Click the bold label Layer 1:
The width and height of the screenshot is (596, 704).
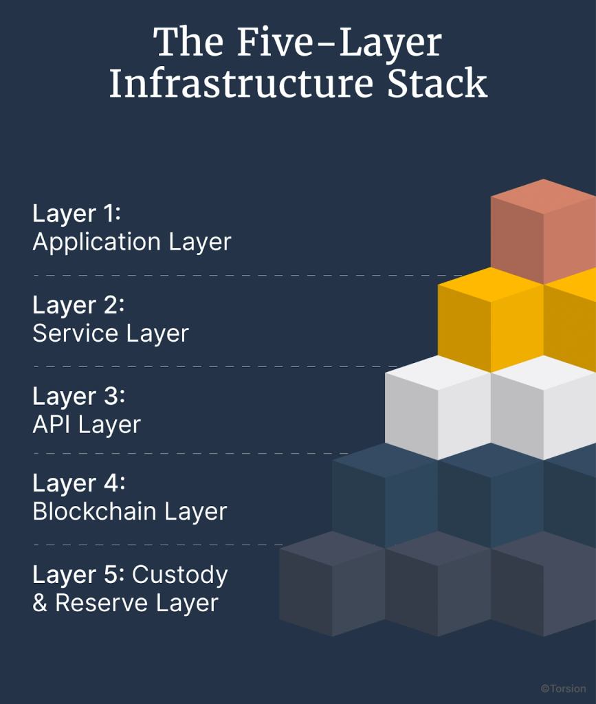pyautogui.click(x=76, y=214)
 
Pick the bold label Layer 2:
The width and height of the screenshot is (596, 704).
pyautogui.click(x=78, y=305)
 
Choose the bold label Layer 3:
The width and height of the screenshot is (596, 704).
pyautogui.click(x=78, y=397)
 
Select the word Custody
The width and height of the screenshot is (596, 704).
pyautogui.click(x=180, y=575)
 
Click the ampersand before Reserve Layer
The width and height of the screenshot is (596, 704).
pyautogui.click(x=41, y=604)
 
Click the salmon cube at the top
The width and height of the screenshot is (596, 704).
pyautogui.click(x=543, y=230)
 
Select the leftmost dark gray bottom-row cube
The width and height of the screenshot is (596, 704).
pyautogui.click(x=331, y=584)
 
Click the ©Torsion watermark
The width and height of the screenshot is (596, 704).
pyautogui.click(x=562, y=688)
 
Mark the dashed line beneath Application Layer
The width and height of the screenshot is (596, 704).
pyautogui.click(x=234, y=275)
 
